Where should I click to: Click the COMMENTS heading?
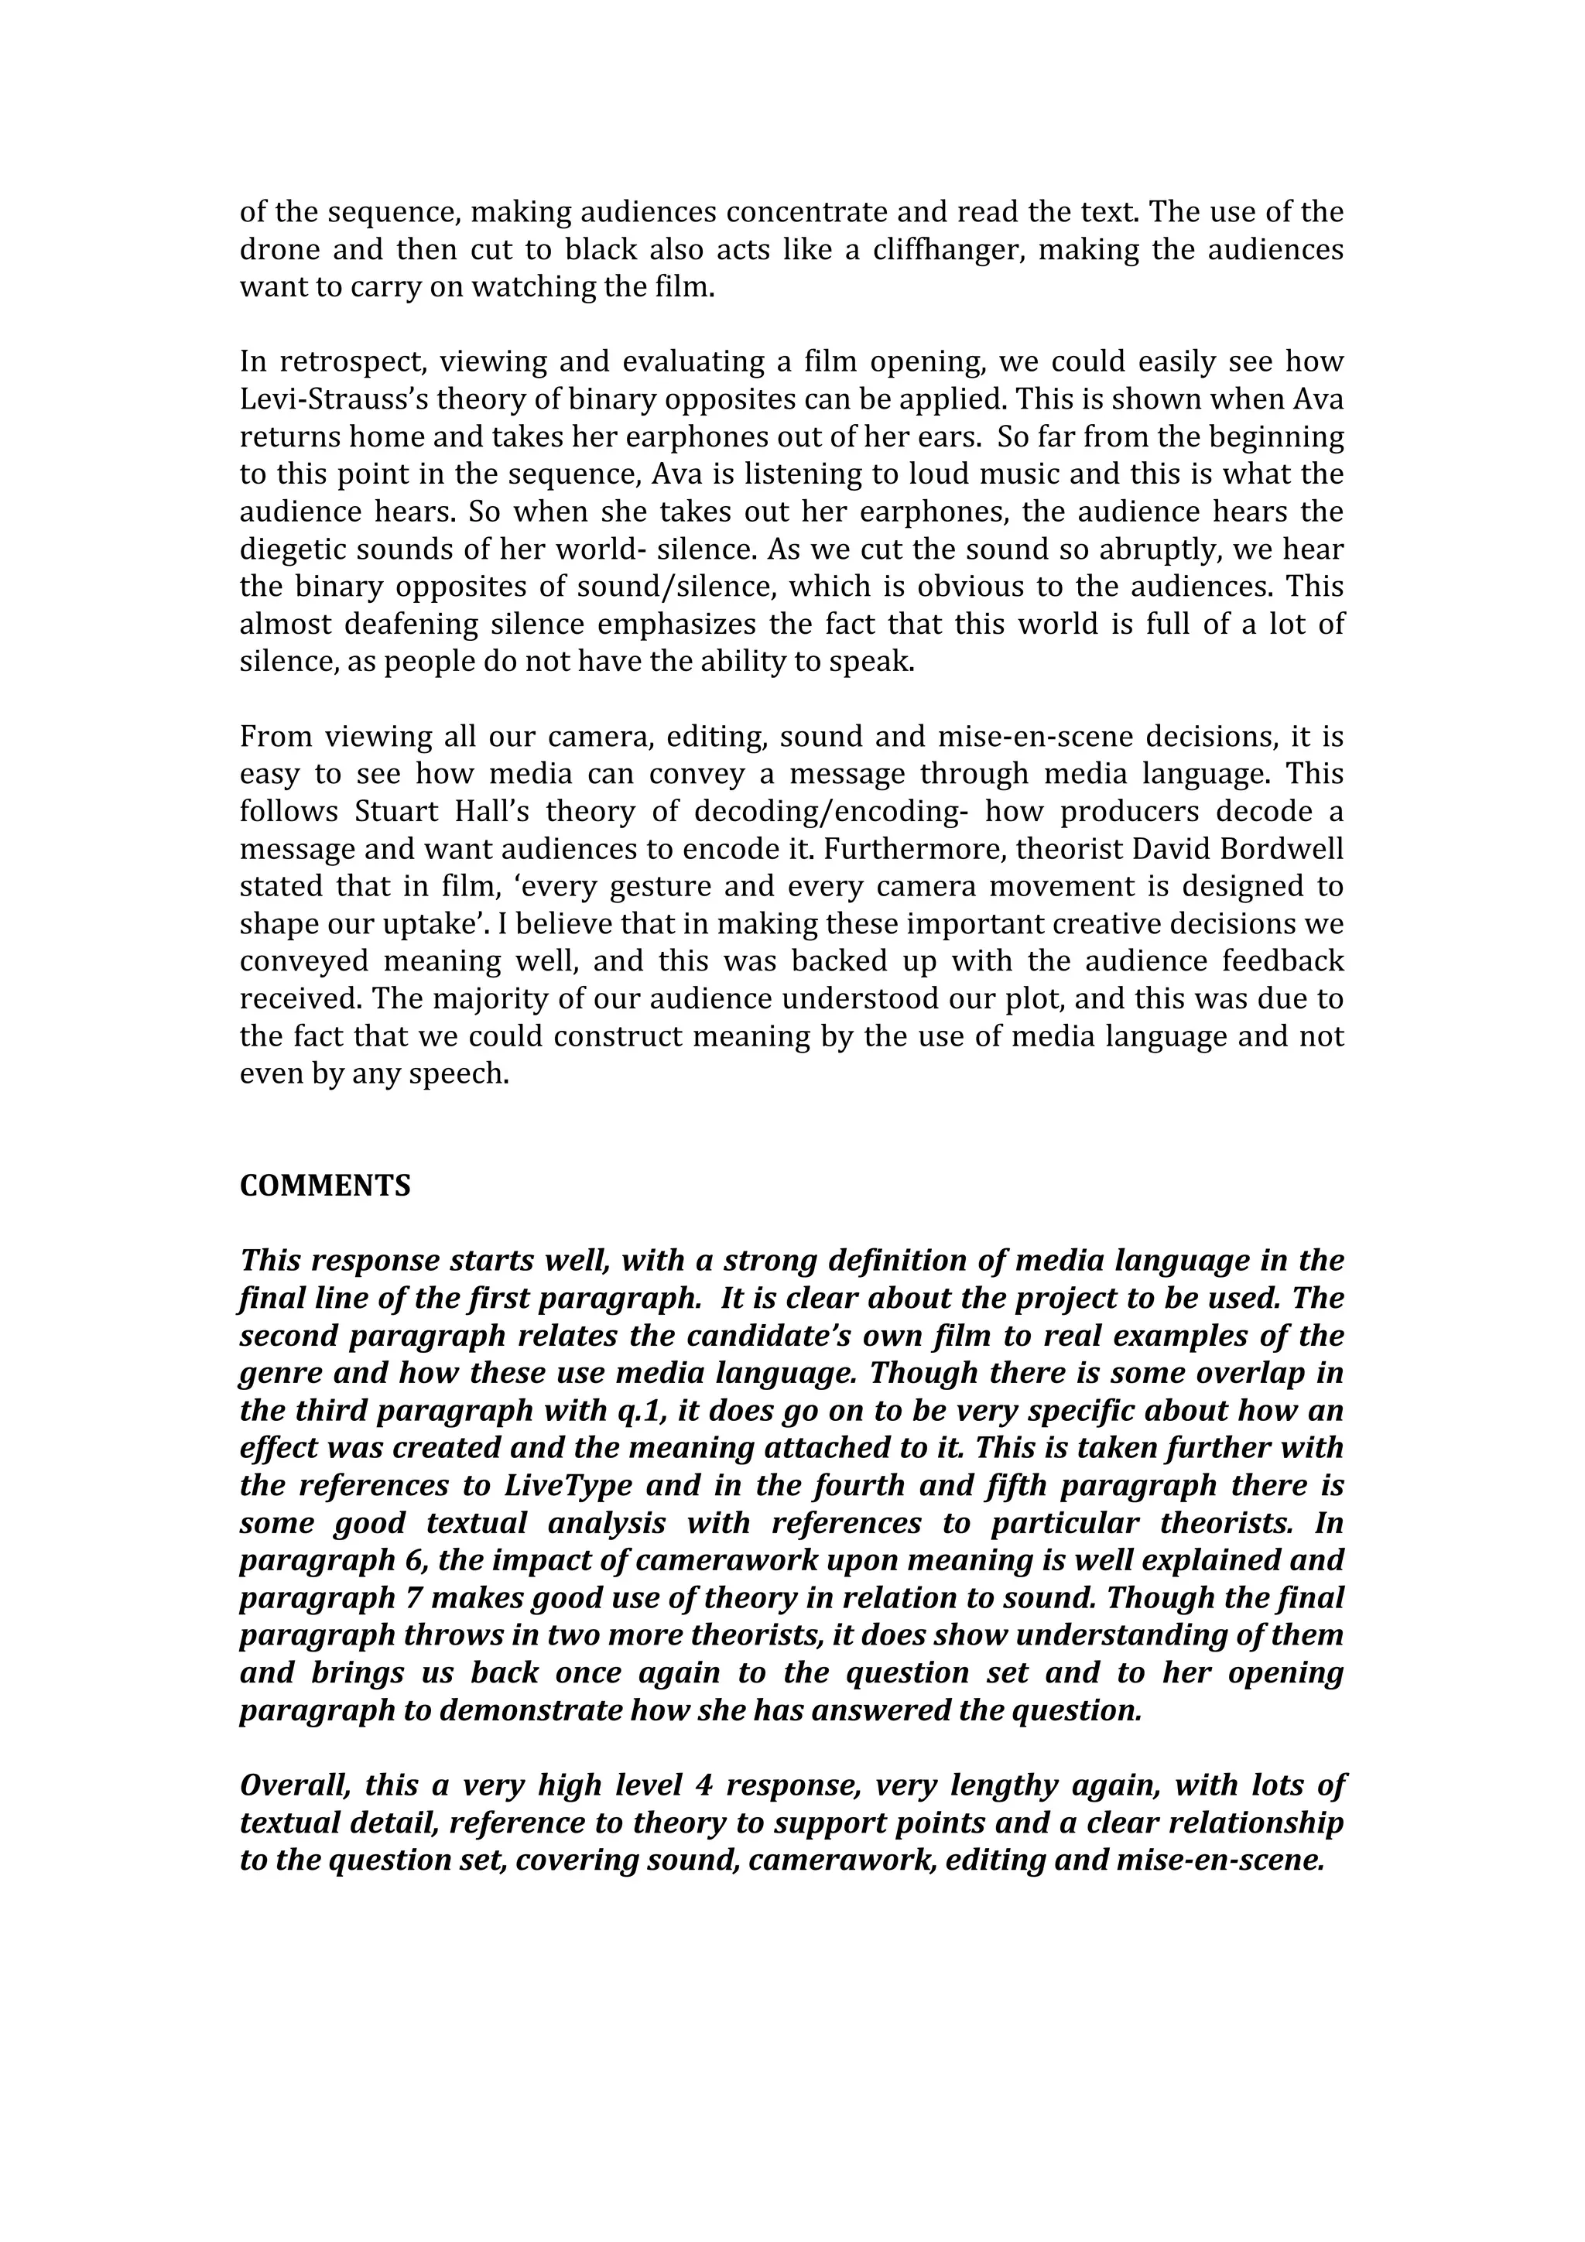325,1186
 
